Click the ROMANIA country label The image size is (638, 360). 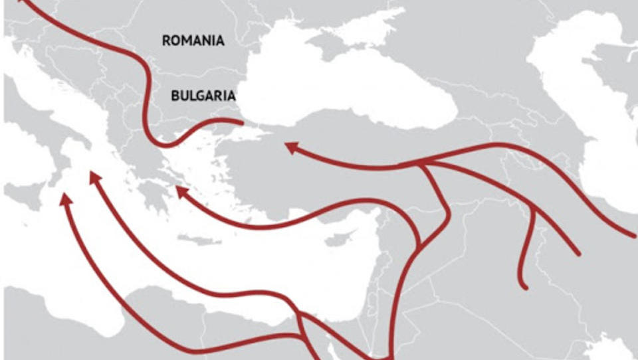click(x=193, y=41)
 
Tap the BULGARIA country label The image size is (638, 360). click(x=203, y=96)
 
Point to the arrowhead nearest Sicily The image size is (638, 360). click(x=64, y=198)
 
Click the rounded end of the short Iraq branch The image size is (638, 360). click(x=524, y=286)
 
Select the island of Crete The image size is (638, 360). click(x=199, y=239)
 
